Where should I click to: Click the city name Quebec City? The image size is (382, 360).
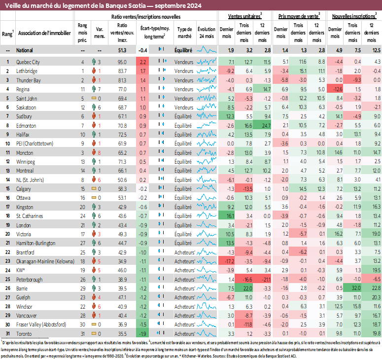(x=28, y=62)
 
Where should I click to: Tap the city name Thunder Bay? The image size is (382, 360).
(x=28, y=80)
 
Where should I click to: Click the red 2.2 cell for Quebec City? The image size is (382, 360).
(x=143, y=62)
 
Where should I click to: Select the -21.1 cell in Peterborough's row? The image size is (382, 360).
(x=266, y=280)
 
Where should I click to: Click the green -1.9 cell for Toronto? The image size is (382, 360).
(x=143, y=334)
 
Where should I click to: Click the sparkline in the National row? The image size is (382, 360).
(x=207, y=50)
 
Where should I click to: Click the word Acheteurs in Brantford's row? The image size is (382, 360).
(x=185, y=252)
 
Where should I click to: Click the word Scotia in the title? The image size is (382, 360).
(x=124, y=5)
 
